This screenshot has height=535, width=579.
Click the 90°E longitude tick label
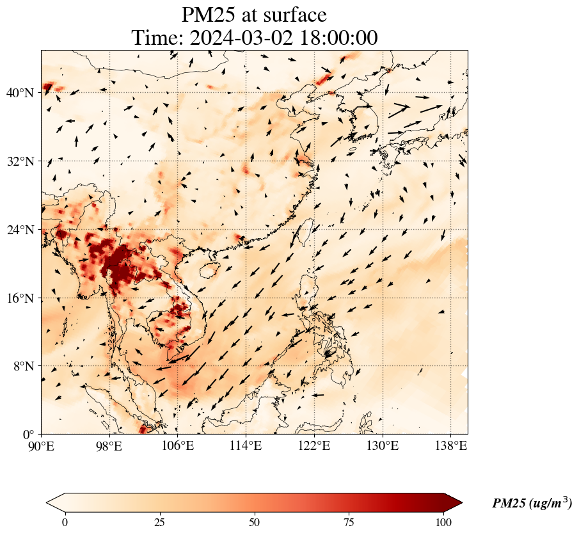[x=42, y=445]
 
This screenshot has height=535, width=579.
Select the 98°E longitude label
[x=109, y=445]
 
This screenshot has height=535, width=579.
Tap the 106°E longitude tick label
[x=178, y=445]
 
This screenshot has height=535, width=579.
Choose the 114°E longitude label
[x=246, y=445]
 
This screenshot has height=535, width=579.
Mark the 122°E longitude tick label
[x=314, y=445]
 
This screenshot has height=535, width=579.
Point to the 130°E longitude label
[x=382, y=445]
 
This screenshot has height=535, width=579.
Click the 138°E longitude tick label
[x=450, y=445]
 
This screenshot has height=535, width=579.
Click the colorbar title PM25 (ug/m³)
[x=532, y=504]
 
